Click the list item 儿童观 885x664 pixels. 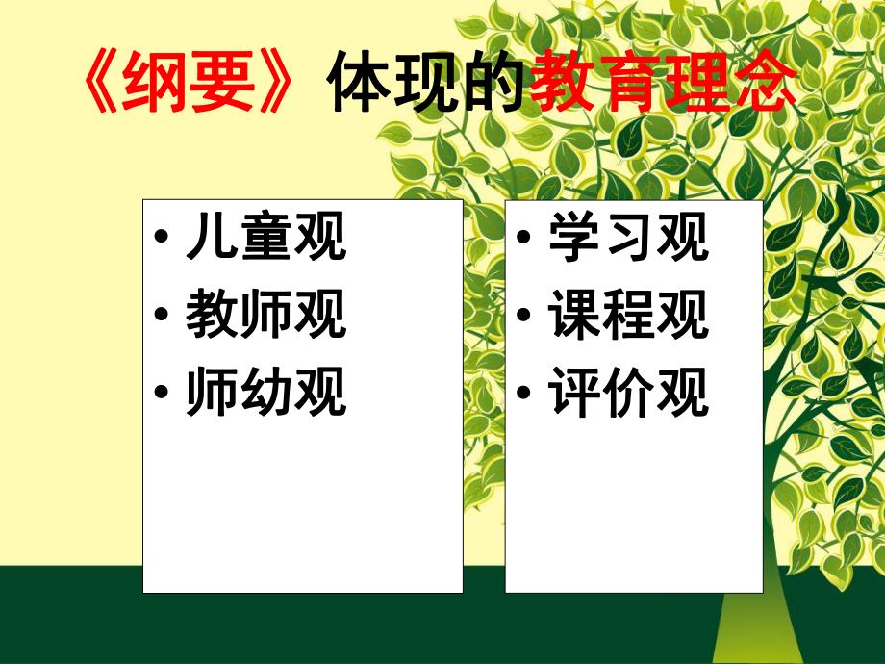[x=265, y=239]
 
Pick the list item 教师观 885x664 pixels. [x=265, y=316]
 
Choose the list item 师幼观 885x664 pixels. [x=265, y=393]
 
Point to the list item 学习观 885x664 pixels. [x=627, y=239]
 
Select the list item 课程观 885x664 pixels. [x=627, y=316]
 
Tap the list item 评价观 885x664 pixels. [x=627, y=393]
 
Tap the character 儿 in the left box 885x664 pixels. [x=210, y=239]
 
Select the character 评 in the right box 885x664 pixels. [x=572, y=393]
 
